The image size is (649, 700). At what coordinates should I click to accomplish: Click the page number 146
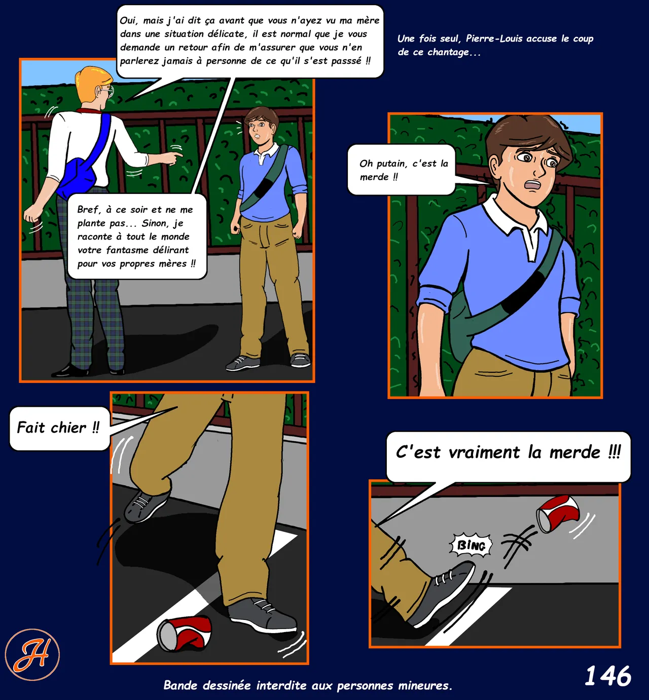608,675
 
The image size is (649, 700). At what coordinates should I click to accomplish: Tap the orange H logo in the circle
32,655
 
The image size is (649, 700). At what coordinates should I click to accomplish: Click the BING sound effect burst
471,546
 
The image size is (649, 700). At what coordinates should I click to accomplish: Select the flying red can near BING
558,513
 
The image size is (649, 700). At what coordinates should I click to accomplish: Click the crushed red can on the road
184,633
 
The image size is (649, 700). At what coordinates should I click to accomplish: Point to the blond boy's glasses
107,91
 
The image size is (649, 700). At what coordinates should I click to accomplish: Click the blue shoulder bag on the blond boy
81,166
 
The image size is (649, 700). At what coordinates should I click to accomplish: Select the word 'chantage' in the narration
448,52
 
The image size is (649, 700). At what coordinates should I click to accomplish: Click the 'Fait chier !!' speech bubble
59,428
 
